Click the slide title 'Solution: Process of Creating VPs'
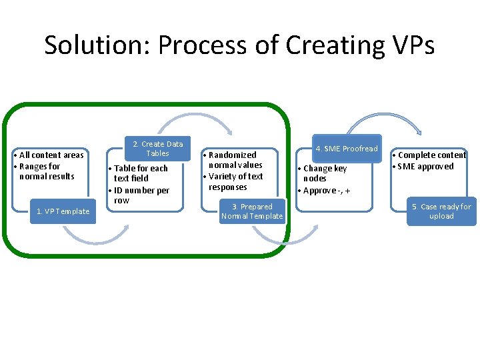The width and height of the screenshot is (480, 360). pos(239,45)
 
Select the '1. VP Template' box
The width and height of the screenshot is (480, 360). pos(63,211)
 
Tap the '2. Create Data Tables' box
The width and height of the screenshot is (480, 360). pos(157,149)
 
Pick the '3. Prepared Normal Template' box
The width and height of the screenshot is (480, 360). pos(252,211)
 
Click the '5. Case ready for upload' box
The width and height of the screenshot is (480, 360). pos(441,211)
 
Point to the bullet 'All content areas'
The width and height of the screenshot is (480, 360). pos(51,155)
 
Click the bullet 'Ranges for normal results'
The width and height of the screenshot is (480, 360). pos(47,171)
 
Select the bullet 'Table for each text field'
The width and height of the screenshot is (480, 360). pos(140,173)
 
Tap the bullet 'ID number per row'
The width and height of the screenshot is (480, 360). pos(141,195)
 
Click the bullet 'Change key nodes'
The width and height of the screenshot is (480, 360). pos(324,173)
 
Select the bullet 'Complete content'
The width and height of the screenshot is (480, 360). pos(431,155)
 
